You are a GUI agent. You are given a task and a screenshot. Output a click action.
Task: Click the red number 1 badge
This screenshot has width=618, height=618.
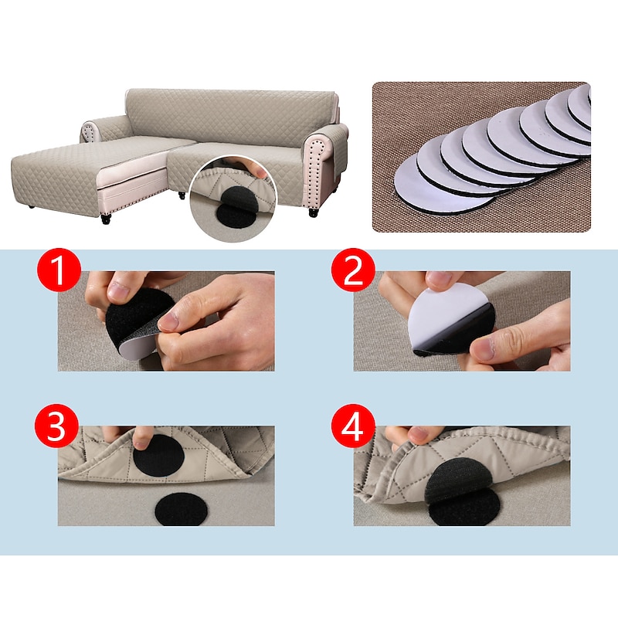[x=59, y=270]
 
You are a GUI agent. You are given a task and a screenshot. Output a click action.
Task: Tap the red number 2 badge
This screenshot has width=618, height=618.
[x=353, y=270]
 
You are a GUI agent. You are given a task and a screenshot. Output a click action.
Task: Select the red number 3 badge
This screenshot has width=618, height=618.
[x=56, y=426]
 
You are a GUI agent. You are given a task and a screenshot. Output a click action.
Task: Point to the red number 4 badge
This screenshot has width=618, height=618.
[x=352, y=426]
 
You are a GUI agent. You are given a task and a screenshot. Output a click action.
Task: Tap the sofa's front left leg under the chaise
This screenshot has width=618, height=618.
[x=106, y=219]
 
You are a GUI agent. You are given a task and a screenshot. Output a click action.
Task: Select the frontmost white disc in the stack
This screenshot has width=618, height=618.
[x=443, y=185]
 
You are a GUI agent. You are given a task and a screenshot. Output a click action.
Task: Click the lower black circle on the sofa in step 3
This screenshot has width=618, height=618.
[x=181, y=509]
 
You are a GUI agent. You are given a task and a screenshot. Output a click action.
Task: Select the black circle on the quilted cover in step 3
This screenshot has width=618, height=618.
[x=158, y=456]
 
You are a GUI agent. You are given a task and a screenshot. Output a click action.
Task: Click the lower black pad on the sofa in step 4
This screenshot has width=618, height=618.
[x=463, y=508]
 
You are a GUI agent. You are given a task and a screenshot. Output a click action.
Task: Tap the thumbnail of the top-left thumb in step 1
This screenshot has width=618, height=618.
[x=118, y=292]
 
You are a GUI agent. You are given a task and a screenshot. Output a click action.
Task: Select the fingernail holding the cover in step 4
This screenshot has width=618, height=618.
[x=419, y=435]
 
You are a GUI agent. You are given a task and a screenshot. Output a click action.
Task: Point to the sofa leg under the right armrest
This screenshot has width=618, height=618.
[x=313, y=213]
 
